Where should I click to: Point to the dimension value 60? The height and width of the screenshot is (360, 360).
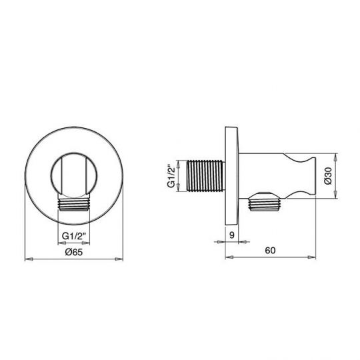[x=269, y=251]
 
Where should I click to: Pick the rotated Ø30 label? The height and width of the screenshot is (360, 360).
[x=328, y=175]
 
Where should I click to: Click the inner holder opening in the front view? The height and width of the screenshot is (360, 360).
[x=73, y=175]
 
